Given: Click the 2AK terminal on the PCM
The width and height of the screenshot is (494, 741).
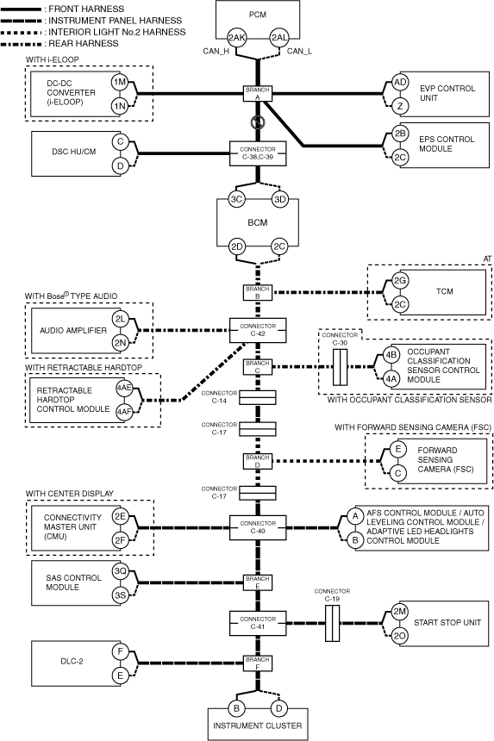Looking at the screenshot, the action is (236, 38).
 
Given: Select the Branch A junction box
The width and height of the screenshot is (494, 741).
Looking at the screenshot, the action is (258, 93).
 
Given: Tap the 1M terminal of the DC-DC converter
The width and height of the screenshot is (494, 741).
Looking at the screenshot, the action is (120, 82).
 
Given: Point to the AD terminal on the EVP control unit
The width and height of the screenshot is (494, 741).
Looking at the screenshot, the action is (400, 82).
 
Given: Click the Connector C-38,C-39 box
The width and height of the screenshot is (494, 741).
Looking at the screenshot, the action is (258, 153).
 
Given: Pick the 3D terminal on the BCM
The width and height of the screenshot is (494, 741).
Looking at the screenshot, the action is (280, 199).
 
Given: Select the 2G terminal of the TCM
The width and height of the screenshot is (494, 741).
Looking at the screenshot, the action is (400, 280).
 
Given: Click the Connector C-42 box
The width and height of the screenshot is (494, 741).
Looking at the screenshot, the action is (258, 330).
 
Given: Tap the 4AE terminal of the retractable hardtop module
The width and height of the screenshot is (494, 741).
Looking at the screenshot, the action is (124, 388).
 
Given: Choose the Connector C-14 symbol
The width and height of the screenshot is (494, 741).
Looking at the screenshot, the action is (257, 398).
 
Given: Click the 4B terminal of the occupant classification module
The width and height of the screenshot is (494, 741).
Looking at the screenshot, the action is (391, 354).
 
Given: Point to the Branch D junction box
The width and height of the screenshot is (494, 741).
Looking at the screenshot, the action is (258, 461).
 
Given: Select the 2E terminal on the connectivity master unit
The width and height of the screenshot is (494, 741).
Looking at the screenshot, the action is (120, 516).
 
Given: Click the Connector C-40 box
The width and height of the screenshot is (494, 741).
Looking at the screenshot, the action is (258, 527).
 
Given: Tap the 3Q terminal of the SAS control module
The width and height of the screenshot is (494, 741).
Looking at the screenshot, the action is (120, 571).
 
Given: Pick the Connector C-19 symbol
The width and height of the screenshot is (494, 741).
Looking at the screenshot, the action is (332, 623).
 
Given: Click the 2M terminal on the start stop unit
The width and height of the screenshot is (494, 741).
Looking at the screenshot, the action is (400, 612).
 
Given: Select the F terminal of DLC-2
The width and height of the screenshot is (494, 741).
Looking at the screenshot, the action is (120, 651).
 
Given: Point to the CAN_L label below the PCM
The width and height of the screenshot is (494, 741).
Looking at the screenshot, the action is (299, 51).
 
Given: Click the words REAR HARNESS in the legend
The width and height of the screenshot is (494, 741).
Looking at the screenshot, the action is (84, 43).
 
